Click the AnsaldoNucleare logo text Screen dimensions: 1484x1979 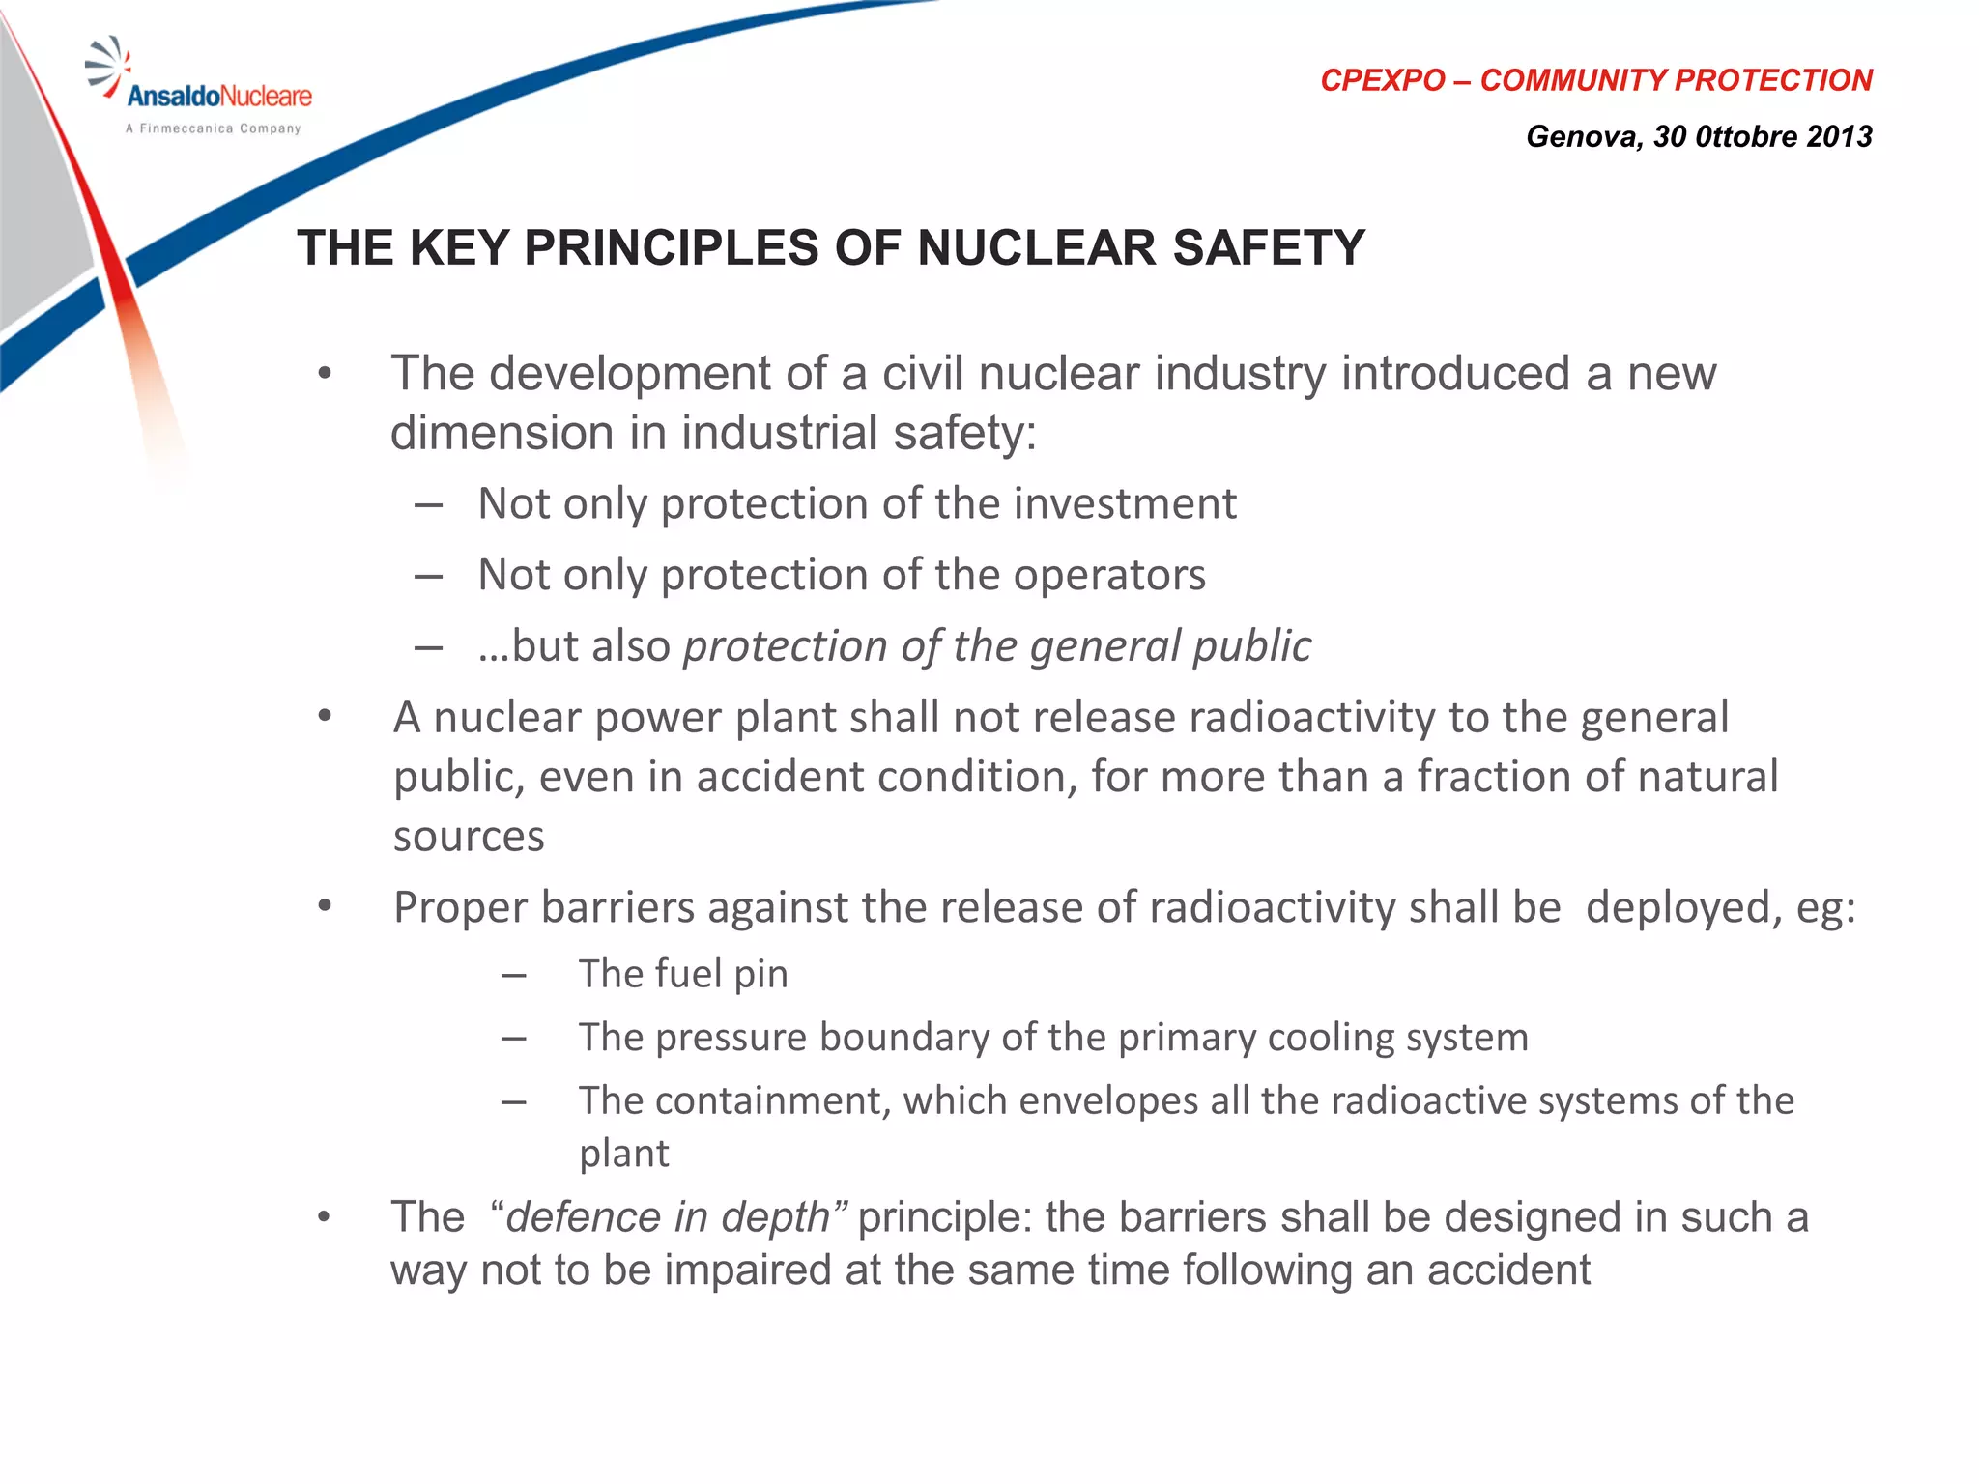[x=219, y=96]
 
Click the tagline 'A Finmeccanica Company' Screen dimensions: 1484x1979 [x=213, y=128]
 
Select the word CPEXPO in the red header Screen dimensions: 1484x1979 [x=1382, y=80]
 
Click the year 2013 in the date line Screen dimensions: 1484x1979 [x=1839, y=136]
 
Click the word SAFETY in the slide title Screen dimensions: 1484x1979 [x=1268, y=247]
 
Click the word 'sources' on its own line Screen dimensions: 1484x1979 [x=469, y=837]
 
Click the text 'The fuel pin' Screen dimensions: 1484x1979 [x=683, y=974]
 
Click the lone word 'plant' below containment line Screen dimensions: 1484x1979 [x=623, y=1154]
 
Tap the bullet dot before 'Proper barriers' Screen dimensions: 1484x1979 [x=325, y=906]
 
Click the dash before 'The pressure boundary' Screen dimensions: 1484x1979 [x=514, y=1039]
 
